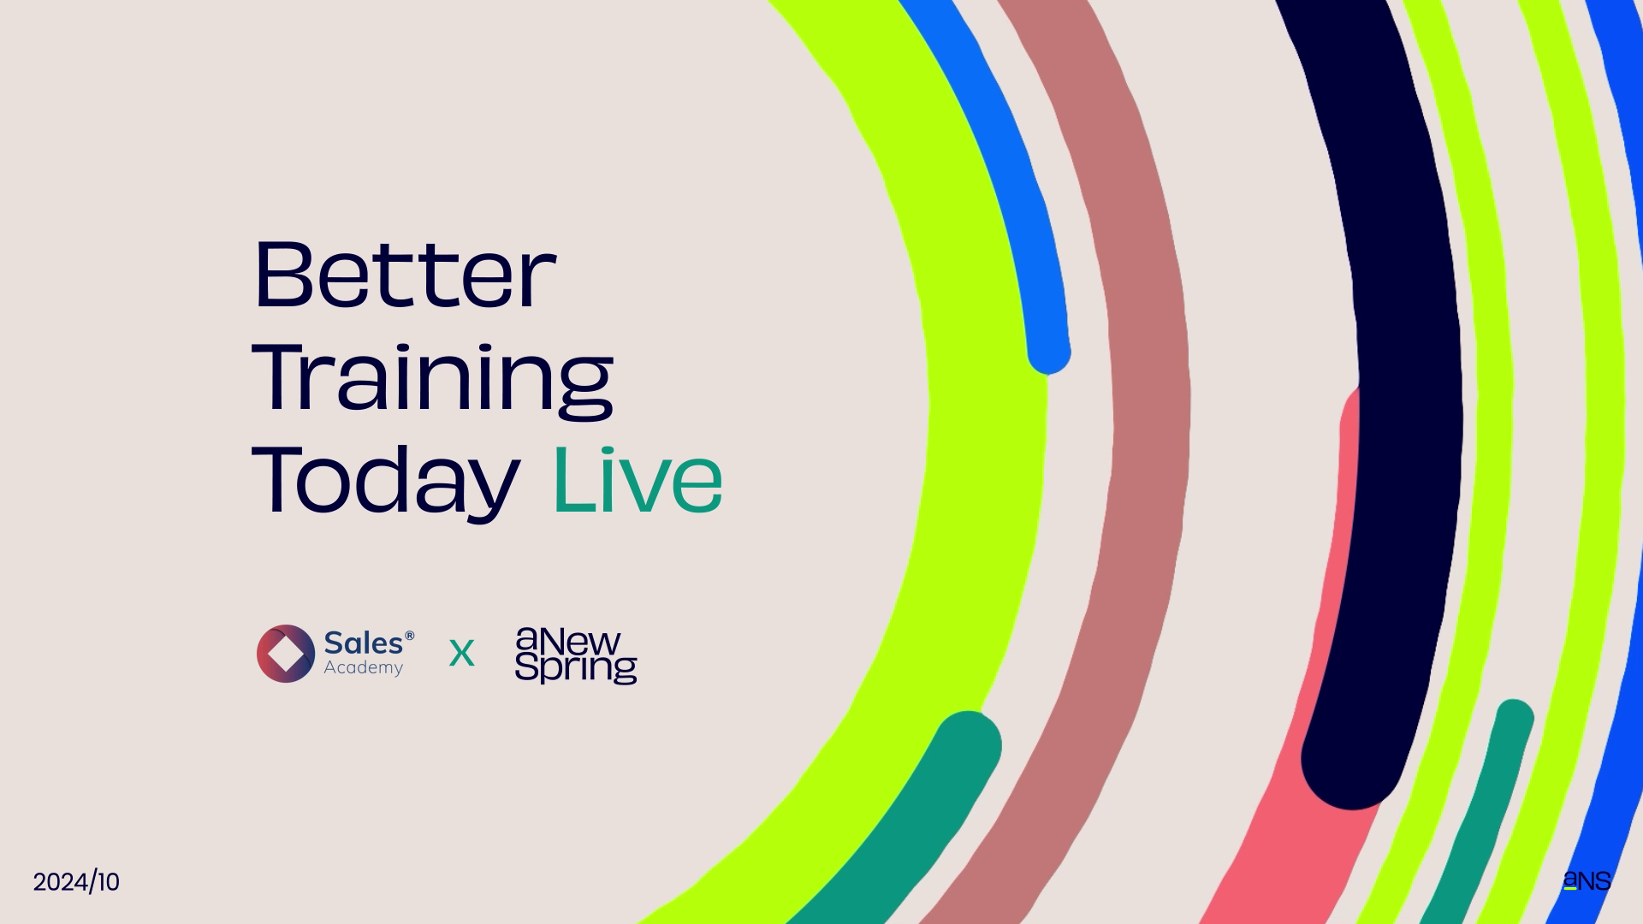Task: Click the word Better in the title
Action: click(x=405, y=275)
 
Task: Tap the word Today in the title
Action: click(x=386, y=482)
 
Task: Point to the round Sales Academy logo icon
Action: click(x=286, y=654)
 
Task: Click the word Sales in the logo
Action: click(x=364, y=643)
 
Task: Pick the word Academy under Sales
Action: click(x=363, y=668)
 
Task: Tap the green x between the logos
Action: click(x=461, y=654)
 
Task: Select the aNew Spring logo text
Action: click(x=576, y=655)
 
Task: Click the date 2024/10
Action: click(x=76, y=882)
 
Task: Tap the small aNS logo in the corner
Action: click(x=1587, y=880)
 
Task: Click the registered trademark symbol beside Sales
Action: click(x=410, y=636)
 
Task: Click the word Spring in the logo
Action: click(x=576, y=668)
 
